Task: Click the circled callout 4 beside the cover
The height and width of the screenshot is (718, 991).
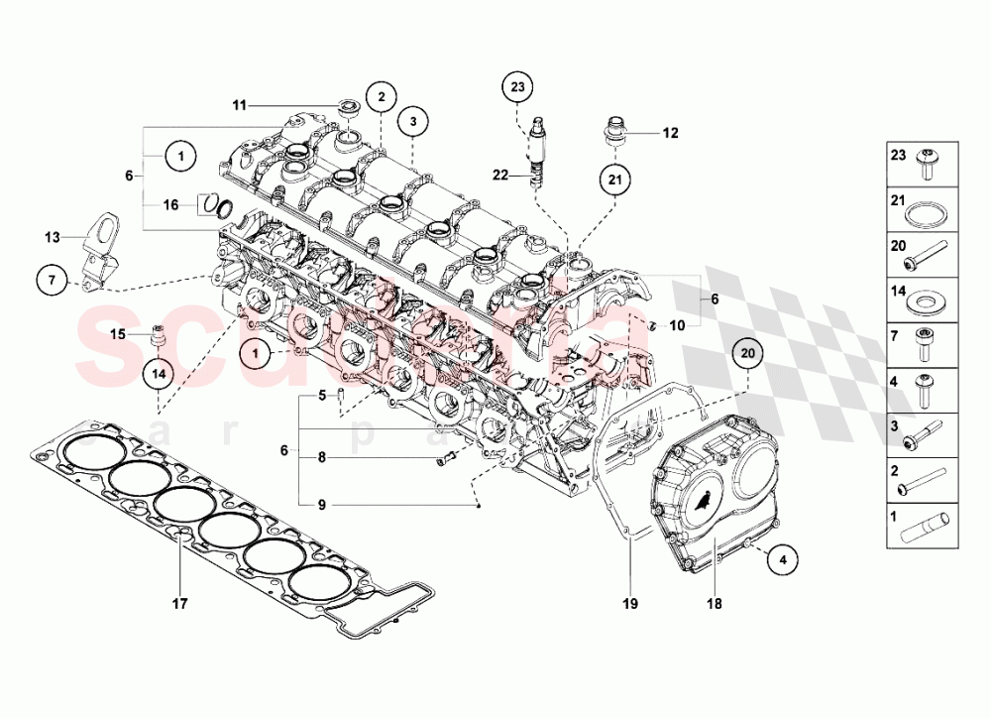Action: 783,559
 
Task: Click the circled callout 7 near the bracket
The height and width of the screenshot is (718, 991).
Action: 55,281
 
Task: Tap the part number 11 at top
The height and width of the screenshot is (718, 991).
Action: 239,104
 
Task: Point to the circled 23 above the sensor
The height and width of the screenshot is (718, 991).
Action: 517,88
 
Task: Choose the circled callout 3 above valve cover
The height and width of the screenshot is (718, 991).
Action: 413,120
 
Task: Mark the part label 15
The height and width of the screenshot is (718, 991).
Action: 118,334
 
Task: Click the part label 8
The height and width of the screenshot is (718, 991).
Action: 321,457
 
